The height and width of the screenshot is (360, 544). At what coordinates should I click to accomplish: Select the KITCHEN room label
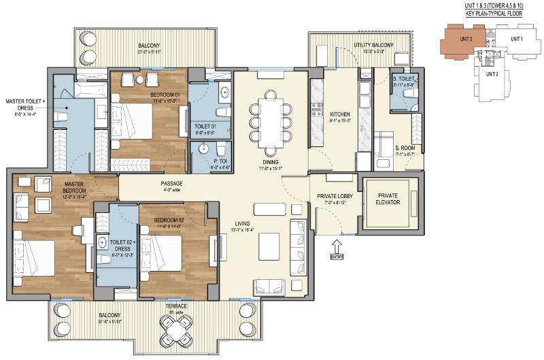(x=339, y=114)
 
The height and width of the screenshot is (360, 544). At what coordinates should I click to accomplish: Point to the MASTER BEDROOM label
(x=74, y=188)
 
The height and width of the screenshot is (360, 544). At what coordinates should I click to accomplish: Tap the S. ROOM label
(x=387, y=148)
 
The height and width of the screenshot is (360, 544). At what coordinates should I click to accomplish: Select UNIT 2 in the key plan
(x=494, y=73)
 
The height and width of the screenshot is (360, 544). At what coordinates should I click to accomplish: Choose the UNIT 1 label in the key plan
(x=517, y=39)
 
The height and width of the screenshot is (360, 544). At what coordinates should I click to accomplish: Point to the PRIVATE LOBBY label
(x=333, y=197)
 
